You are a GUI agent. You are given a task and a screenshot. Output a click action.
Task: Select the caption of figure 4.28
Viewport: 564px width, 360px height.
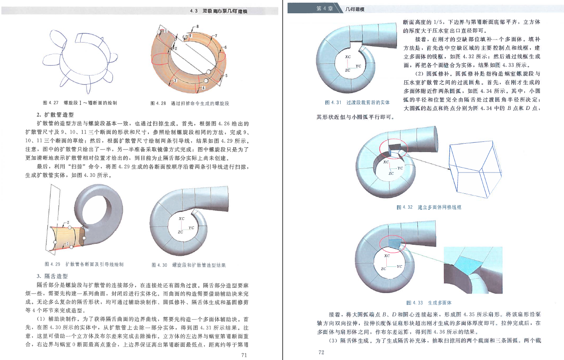[x=190, y=103]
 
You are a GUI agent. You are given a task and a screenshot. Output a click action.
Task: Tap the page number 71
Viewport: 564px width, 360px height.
[x=243, y=355]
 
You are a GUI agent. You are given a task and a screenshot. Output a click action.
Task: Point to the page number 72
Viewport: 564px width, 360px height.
[x=322, y=352]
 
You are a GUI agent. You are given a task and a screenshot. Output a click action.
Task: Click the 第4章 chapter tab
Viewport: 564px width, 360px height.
[x=324, y=9]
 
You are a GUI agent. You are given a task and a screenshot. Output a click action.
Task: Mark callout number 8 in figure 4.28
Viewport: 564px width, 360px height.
[x=197, y=27]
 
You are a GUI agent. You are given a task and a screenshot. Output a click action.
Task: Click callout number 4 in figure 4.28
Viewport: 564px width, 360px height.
[x=203, y=88]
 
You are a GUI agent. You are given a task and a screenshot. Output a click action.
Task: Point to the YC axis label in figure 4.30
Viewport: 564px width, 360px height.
[x=191, y=228]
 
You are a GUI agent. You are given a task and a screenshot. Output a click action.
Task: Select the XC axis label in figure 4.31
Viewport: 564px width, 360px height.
[x=347, y=56]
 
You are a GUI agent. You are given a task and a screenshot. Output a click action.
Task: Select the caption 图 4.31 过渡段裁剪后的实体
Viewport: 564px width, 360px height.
[x=357, y=102]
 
